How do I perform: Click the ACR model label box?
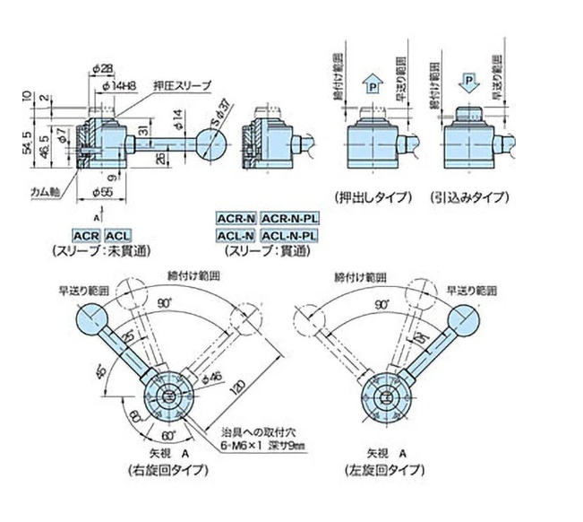[x=86, y=236]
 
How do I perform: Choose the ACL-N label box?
[x=236, y=236]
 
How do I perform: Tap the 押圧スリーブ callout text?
[x=182, y=84]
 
